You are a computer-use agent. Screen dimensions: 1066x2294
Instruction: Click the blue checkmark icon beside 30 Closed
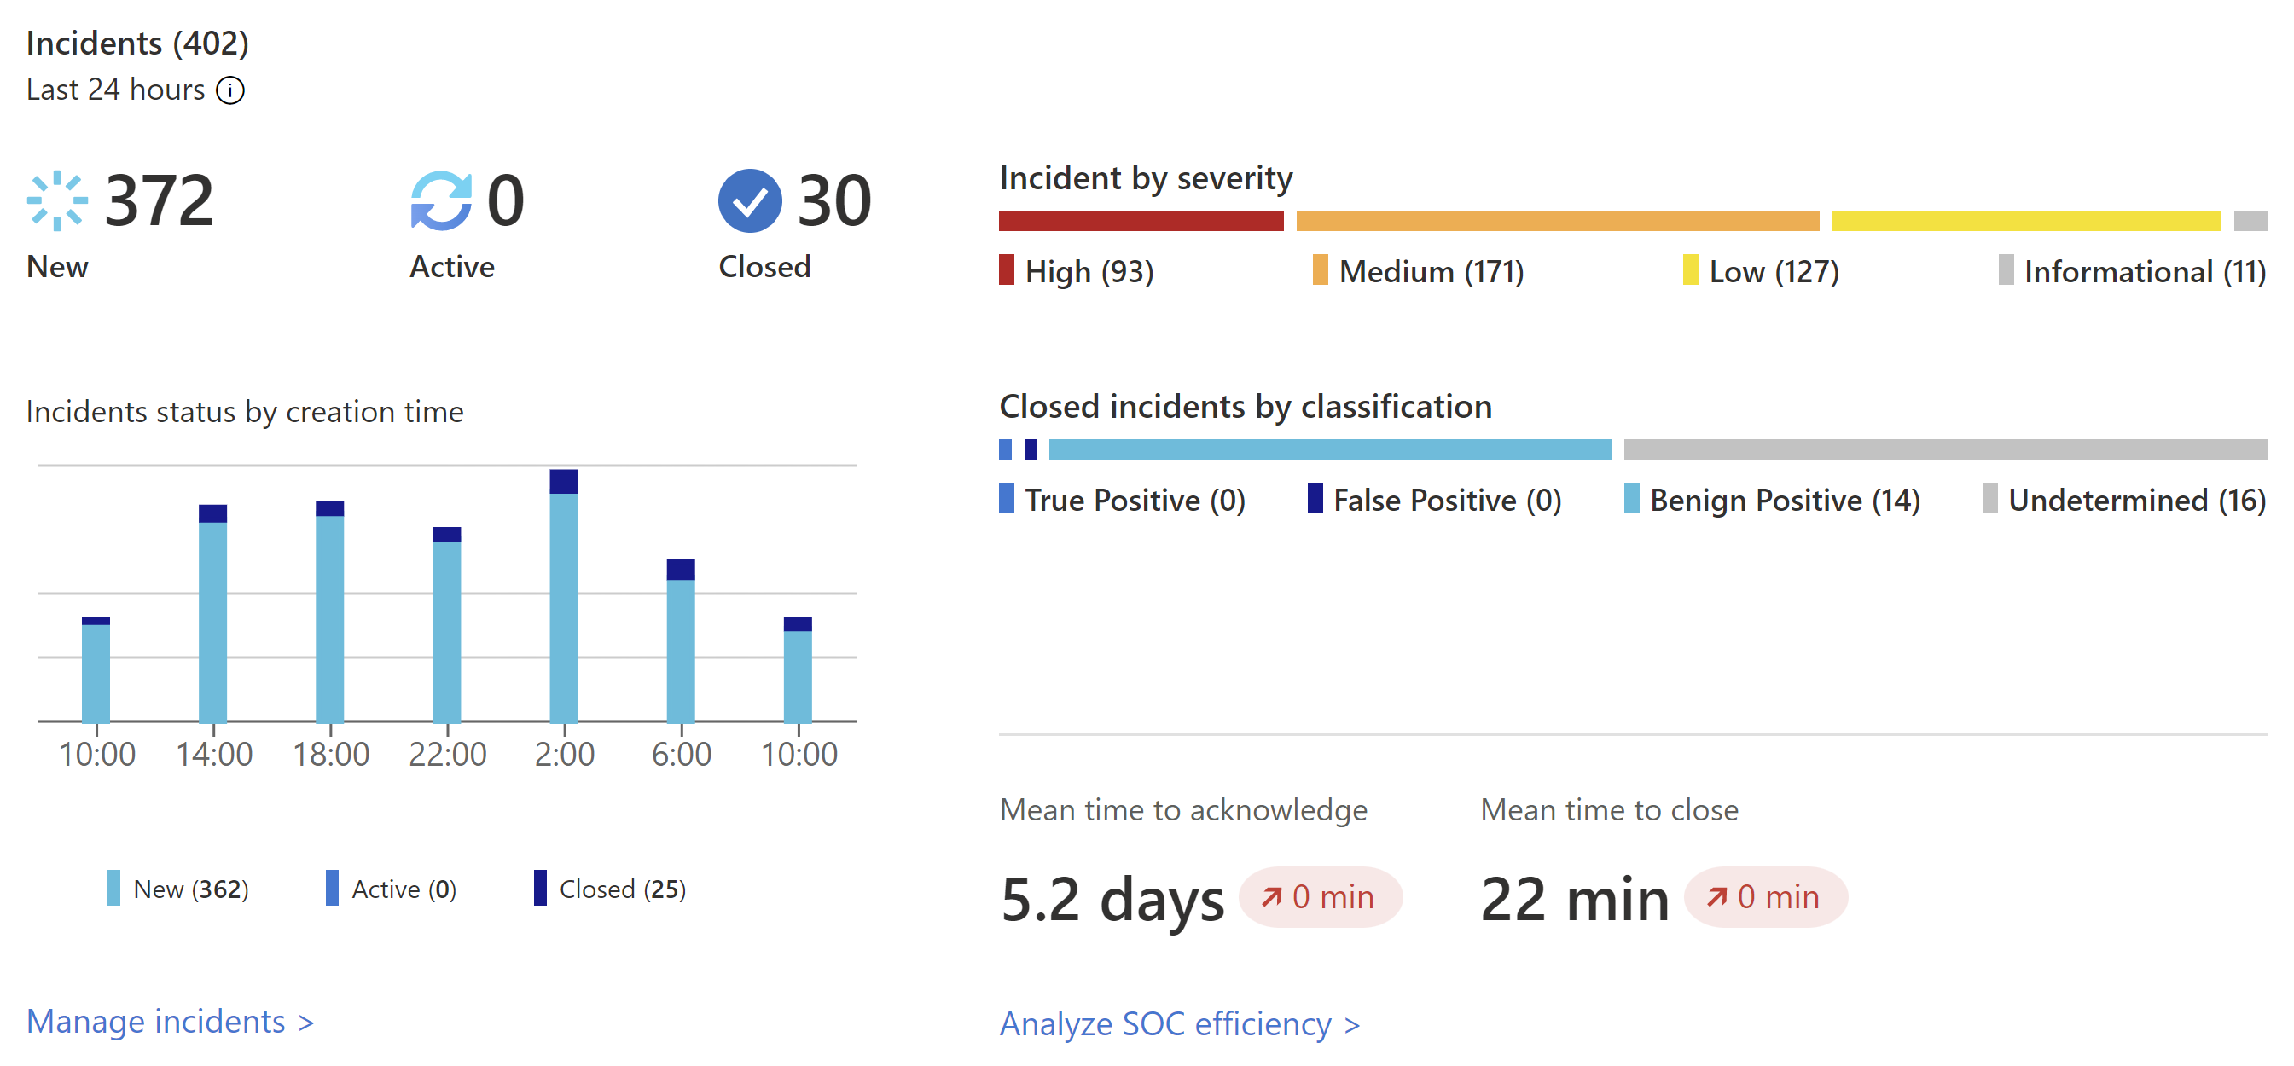point(749,201)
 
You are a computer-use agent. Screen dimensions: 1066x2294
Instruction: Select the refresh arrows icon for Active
point(441,201)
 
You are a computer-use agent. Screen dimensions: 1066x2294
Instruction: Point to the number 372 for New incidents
point(160,201)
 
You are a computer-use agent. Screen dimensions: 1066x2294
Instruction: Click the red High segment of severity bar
point(1140,221)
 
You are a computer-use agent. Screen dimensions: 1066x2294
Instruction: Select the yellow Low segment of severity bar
point(2025,221)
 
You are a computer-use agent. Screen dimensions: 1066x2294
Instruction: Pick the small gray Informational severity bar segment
point(2250,221)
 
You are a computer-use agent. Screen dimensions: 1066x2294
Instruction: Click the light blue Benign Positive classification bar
point(1328,449)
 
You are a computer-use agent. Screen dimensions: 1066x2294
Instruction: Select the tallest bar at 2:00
point(564,605)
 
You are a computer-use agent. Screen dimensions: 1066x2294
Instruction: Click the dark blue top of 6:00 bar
point(681,570)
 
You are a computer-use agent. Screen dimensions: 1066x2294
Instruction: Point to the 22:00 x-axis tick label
point(447,756)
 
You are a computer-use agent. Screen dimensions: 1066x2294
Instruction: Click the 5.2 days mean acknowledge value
point(1112,900)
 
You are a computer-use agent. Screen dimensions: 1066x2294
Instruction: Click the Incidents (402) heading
point(137,43)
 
